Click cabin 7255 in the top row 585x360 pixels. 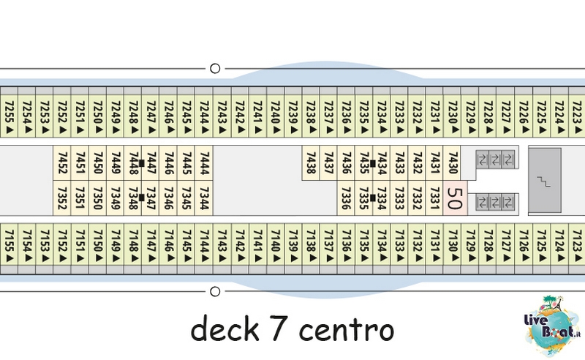[9, 116]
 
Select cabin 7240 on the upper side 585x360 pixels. [276, 116]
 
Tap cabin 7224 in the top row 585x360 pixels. [559, 116]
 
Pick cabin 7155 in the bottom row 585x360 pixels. [9, 245]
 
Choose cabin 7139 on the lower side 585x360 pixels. [294, 245]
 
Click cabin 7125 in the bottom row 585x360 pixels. [541, 245]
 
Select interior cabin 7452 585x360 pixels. [62, 163]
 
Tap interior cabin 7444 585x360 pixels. [204, 163]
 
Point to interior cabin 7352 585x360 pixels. [62, 198]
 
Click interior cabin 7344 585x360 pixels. [204, 198]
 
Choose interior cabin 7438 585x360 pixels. [310, 163]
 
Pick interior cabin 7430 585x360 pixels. [453, 163]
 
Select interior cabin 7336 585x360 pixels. [346, 198]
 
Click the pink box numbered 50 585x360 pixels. [455, 198]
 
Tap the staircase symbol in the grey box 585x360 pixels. [543, 181]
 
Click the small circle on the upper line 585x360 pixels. [215, 68]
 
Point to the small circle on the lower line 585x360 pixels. [215, 291]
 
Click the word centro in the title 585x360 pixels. [346, 330]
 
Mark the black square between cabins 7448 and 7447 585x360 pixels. [141, 163]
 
